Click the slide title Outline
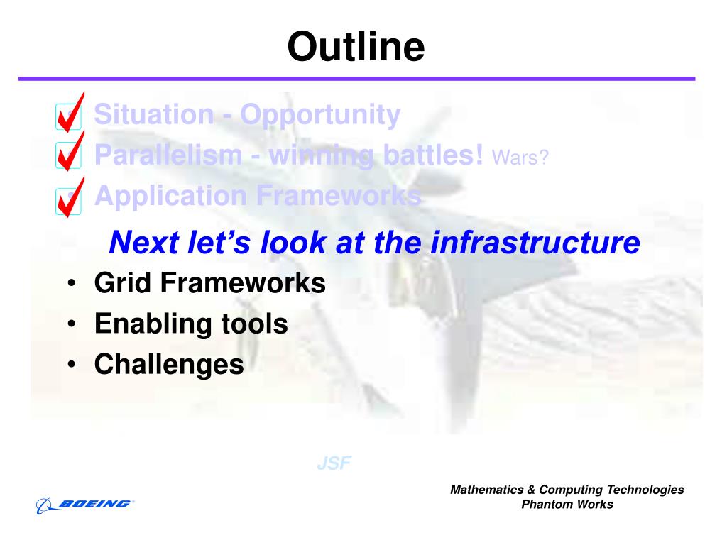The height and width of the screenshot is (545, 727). tap(356, 46)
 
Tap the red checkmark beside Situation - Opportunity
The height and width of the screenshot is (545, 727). tap(70, 114)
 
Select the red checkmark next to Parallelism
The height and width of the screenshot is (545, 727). tap(70, 152)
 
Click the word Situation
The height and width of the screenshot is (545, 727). tap(154, 114)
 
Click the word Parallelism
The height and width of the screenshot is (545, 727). tap(168, 154)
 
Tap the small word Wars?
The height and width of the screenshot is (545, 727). tap(520, 158)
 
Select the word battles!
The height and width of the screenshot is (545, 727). tap(434, 154)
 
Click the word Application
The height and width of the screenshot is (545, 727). tap(170, 197)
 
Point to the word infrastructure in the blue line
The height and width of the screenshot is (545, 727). tap(535, 243)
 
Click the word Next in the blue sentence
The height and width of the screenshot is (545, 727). tap(144, 243)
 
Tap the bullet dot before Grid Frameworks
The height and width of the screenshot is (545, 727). tap(71, 282)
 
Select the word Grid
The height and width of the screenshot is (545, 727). tap(122, 282)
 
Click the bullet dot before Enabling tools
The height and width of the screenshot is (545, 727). tap(71, 324)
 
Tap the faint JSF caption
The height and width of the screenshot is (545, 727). tap(334, 463)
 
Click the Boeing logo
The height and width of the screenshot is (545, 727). tap(85, 505)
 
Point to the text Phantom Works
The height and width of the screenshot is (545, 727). tap(567, 505)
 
